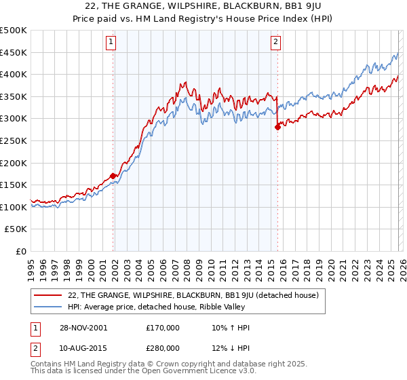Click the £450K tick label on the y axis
[x=14, y=52]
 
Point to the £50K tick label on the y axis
[x=16, y=229]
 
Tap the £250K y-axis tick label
[x=14, y=140]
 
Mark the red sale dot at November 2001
[x=113, y=176]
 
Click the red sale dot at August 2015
[x=277, y=127]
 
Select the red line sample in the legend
[x=48, y=294]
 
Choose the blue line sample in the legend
[x=48, y=307]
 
